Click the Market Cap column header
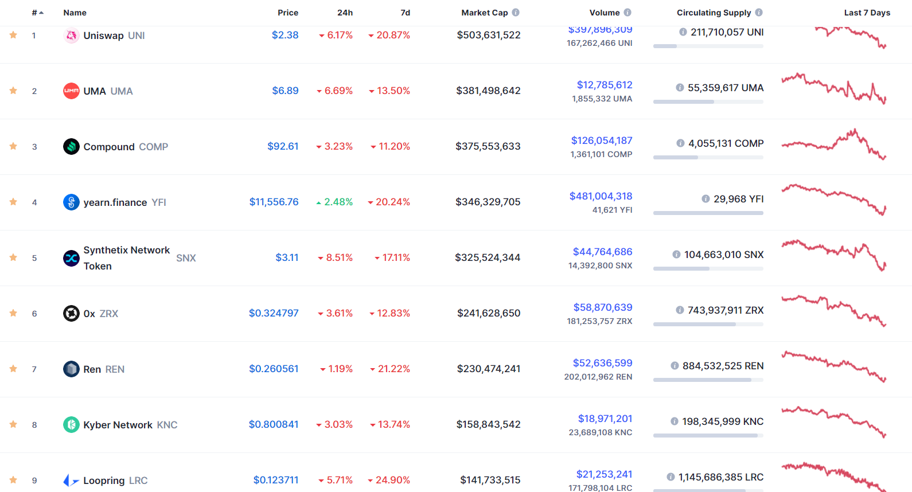(x=484, y=13)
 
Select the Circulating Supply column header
(x=714, y=13)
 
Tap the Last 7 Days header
(x=867, y=13)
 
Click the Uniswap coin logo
(x=71, y=36)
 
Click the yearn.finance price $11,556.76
(x=274, y=202)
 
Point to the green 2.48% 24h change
(x=338, y=202)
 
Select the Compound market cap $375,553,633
(x=488, y=146)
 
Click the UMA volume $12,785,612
(x=604, y=85)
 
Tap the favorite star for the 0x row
(x=13, y=313)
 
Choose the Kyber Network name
(x=118, y=425)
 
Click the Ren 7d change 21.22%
(x=393, y=369)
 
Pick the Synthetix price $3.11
(x=287, y=257)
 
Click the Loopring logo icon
(x=71, y=481)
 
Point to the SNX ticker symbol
(x=186, y=258)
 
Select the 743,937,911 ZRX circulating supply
(x=725, y=310)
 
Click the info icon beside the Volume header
(x=628, y=13)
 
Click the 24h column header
(x=345, y=13)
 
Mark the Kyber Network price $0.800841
(x=273, y=424)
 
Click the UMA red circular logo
(x=71, y=91)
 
